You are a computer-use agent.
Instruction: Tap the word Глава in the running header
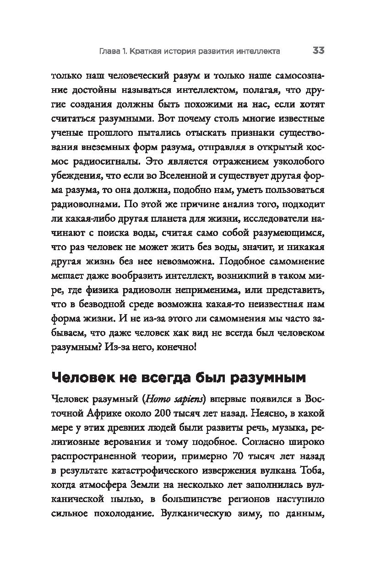pos(111,51)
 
